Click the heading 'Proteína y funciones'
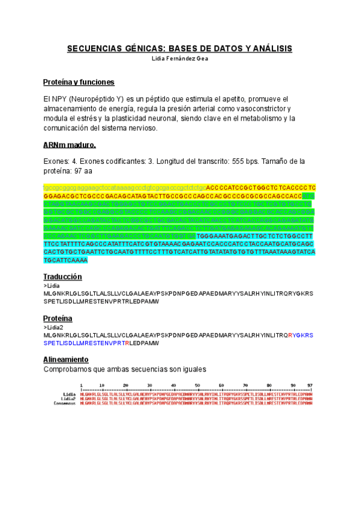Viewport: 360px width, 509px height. pyautogui.click(x=79, y=82)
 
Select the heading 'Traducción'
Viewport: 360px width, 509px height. pyautogui.click(x=62, y=277)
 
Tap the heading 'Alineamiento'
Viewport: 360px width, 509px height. pyautogui.click(x=66, y=359)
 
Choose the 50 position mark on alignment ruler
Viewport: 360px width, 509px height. pyautogui.click(x=221, y=385)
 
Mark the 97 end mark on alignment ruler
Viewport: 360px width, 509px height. pyautogui.click(x=310, y=385)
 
